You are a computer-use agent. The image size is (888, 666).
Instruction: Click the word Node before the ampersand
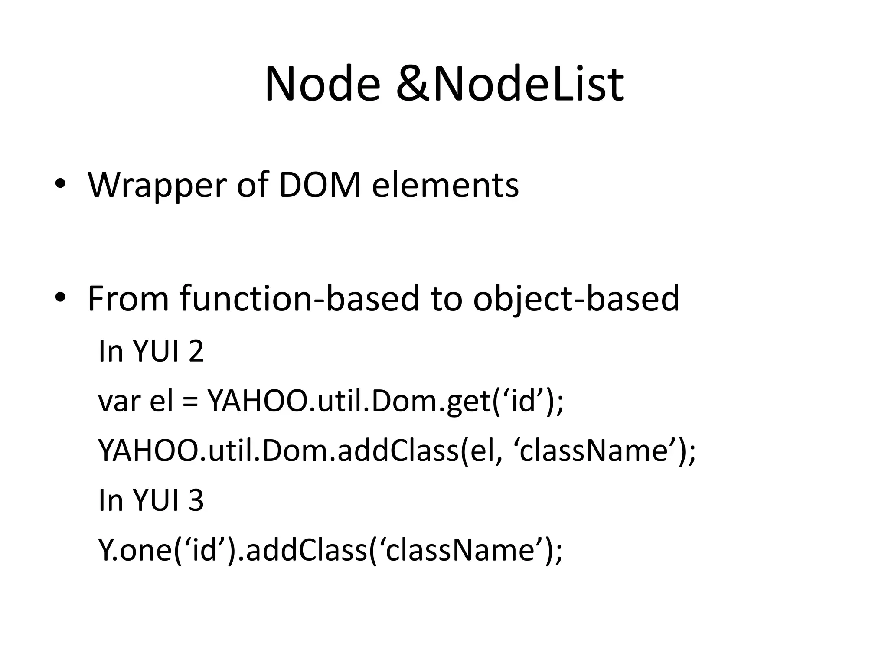pyautogui.click(x=322, y=85)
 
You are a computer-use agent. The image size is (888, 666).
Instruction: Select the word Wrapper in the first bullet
pyautogui.click(x=157, y=186)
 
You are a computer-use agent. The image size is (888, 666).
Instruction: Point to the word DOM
pyautogui.click(x=320, y=186)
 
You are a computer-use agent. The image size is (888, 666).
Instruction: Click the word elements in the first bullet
pyautogui.click(x=445, y=186)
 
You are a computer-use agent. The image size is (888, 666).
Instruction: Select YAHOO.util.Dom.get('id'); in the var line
pyautogui.click(x=386, y=401)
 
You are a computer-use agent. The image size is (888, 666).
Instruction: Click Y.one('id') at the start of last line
pyautogui.click(x=167, y=550)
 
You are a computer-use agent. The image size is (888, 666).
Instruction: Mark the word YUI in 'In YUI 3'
pyautogui.click(x=156, y=500)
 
